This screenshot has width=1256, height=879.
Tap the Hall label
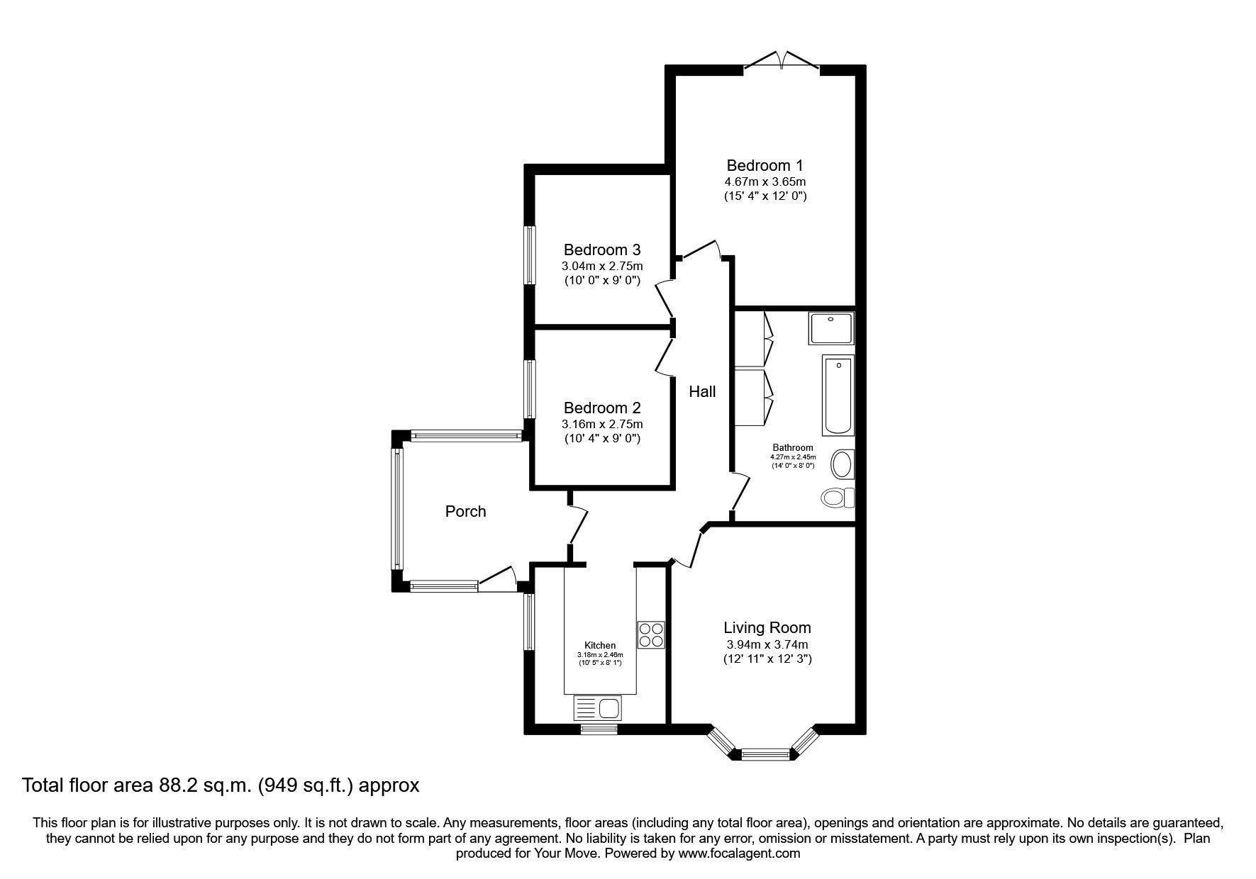(x=702, y=391)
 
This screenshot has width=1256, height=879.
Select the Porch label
(x=465, y=511)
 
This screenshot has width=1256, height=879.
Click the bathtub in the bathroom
(x=838, y=395)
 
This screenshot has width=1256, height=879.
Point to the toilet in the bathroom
(x=838, y=497)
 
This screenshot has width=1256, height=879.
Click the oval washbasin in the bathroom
(x=842, y=465)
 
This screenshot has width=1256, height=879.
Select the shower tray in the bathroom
(x=830, y=328)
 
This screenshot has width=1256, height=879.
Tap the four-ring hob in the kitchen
(x=651, y=634)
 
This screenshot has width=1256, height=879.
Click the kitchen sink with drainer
(x=597, y=708)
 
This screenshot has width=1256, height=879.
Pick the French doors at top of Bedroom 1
(x=782, y=61)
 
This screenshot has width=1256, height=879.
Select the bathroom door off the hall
(x=741, y=492)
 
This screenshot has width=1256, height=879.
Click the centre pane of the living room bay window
(x=765, y=755)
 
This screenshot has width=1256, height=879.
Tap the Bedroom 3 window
(x=529, y=255)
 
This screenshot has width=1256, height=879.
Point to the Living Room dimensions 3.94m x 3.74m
(x=767, y=644)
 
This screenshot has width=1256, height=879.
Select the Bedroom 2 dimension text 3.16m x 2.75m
(x=602, y=424)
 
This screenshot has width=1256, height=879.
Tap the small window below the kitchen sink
(x=598, y=728)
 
